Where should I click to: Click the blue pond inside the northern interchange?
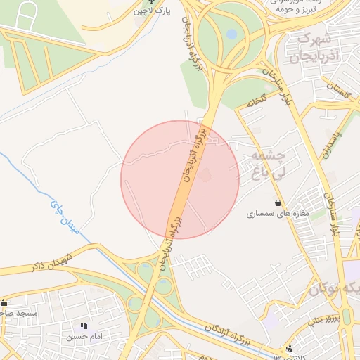pos(231,33)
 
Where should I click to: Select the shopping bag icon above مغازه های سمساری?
pos(278,202)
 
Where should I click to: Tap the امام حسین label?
pos(85,337)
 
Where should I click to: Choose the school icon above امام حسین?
pos(85,326)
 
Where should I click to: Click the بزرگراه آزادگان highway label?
pos(229,335)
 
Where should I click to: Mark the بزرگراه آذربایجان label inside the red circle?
pos(190,153)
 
